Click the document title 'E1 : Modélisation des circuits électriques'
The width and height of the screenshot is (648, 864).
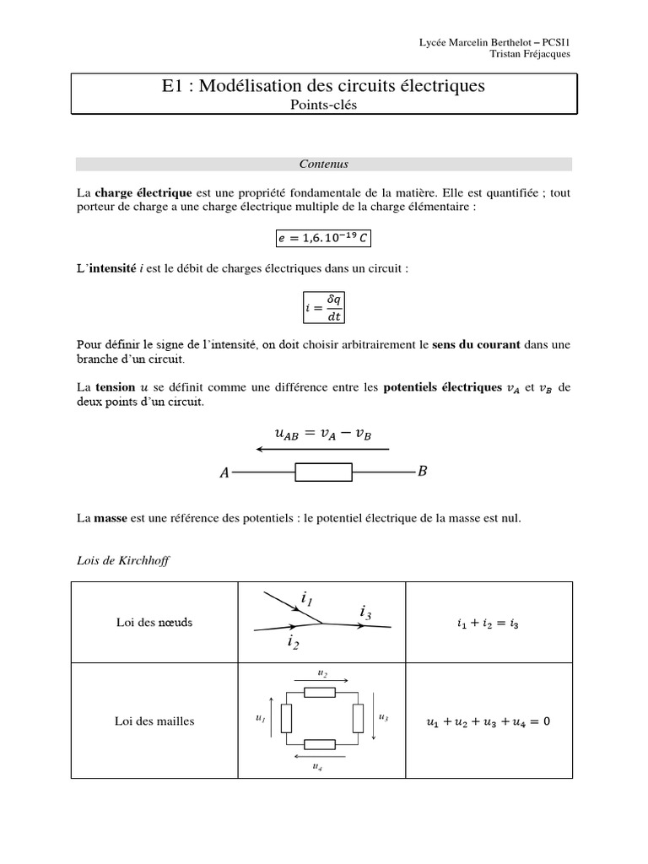click(323, 86)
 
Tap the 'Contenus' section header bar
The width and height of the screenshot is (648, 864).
click(323, 165)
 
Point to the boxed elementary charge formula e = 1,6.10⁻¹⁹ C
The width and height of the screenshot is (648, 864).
click(323, 238)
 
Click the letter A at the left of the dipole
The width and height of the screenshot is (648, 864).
click(224, 473)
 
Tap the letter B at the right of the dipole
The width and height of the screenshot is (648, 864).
click(422, 472)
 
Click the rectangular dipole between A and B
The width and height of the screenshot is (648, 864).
click(323, 472)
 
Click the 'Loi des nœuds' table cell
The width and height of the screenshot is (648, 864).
click(154, 622)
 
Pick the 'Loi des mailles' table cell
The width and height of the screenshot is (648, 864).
click(154, 721)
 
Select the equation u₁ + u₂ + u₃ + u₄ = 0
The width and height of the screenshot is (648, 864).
click(489, 721)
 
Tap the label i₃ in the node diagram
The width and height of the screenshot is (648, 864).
click(365, 611)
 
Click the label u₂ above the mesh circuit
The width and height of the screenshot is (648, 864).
click(322, 673)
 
